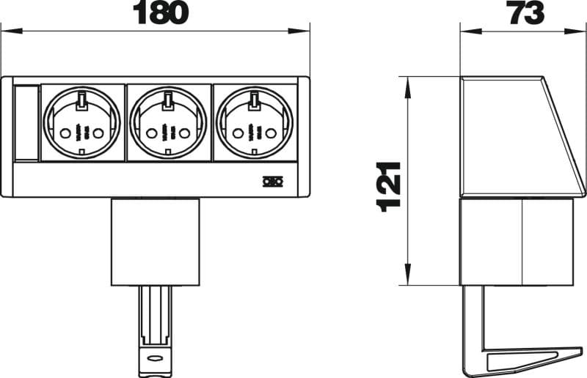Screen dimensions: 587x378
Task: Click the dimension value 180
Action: [161, 12]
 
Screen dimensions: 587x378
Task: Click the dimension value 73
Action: [527, 12]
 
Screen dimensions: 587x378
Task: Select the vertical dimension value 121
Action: [390, 187]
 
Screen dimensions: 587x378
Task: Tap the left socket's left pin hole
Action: [65, 133]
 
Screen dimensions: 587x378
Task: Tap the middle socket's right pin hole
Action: [184, 133]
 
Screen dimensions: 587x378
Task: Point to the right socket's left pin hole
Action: [237, 133]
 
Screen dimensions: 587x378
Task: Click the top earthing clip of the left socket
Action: [81, 102]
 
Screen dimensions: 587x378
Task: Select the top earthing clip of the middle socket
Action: [167, 102]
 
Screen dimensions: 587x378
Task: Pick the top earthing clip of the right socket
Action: [254, 102]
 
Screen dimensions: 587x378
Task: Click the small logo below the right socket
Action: [272, 182]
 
